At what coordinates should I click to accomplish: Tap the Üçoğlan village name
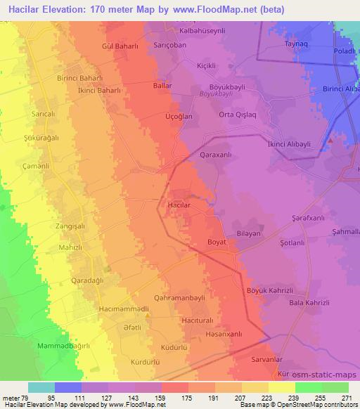click(x=158, y=117)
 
